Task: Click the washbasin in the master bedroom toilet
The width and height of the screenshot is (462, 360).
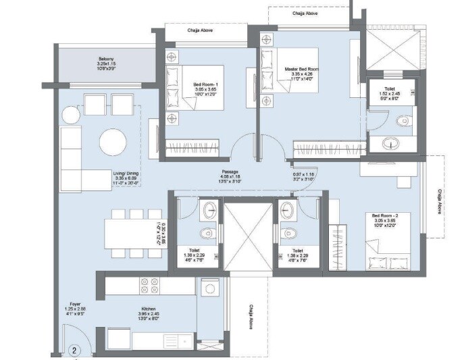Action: point(392,144)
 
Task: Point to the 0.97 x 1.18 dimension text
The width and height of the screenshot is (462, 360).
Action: point(298,177)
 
